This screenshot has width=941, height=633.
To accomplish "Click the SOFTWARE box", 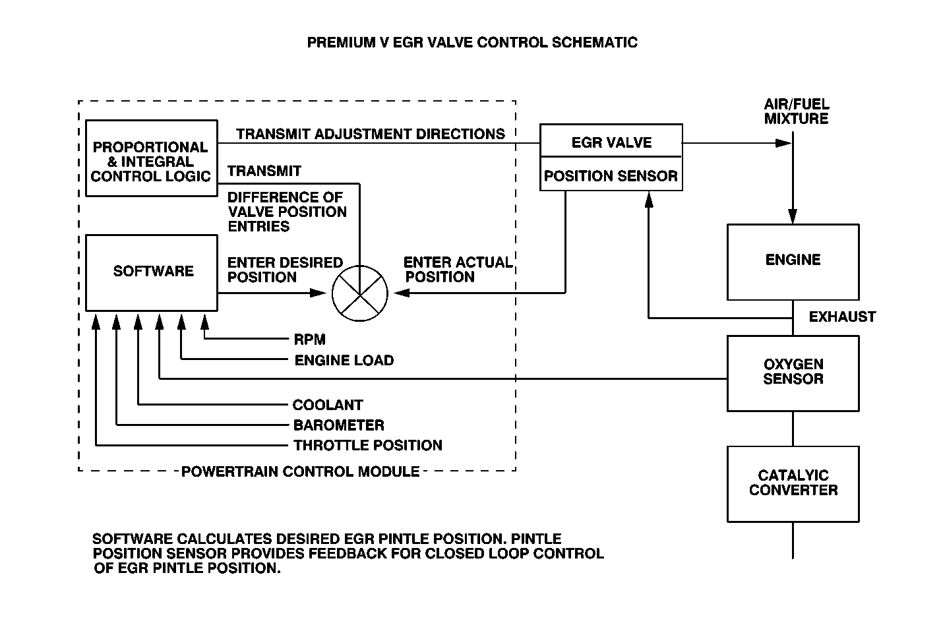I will tap(152, 272).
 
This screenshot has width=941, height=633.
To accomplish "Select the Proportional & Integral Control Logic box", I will tap(152, 159).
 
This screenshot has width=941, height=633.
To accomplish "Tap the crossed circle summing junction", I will tap(360, 293).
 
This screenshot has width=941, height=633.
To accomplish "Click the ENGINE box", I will tap(793, 262).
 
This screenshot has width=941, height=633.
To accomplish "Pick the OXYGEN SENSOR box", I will tap(793, 373).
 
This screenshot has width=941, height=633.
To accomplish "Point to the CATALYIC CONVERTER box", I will tap(793, 483).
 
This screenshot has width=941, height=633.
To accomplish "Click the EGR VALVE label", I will tap(611, 142).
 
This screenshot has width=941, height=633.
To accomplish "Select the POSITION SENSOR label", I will tap(611, 176).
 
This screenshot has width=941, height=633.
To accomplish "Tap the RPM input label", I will tap(309, 340).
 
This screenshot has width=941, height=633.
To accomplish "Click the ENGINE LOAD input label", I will tap(344, 360).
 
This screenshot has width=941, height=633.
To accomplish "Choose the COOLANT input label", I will tap(328, 405).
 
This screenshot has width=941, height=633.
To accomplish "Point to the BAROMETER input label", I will tap(338, 425).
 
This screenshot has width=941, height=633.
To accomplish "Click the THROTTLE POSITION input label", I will tap(367, 446).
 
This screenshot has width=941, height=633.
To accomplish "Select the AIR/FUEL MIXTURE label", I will tap(796, 111).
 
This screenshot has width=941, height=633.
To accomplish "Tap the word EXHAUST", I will tap(842, 317).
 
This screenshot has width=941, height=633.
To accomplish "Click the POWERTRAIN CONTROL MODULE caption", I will tap(300, 471).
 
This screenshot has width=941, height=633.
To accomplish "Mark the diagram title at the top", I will tap(472, 43).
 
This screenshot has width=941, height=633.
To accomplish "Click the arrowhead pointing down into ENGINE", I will tap(793, 216).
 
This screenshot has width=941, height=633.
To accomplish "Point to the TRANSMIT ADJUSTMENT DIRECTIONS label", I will tap(371, 135).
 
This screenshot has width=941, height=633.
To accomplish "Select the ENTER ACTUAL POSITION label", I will tap(457, 270).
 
